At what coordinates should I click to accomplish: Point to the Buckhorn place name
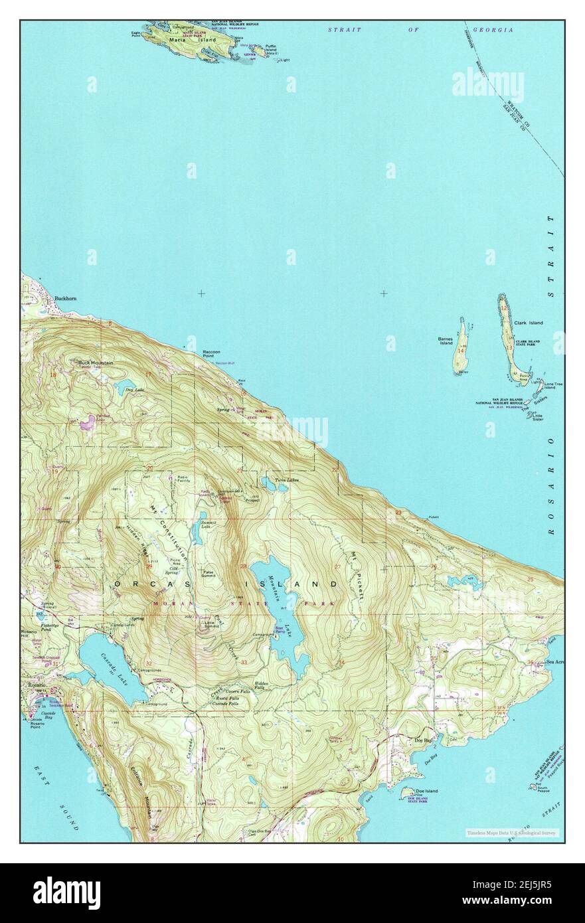pos(66,299)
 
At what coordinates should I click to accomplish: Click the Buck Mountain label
pos(96,363)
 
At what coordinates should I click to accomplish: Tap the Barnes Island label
pos(445,341)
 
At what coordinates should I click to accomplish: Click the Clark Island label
pos(528,323)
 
